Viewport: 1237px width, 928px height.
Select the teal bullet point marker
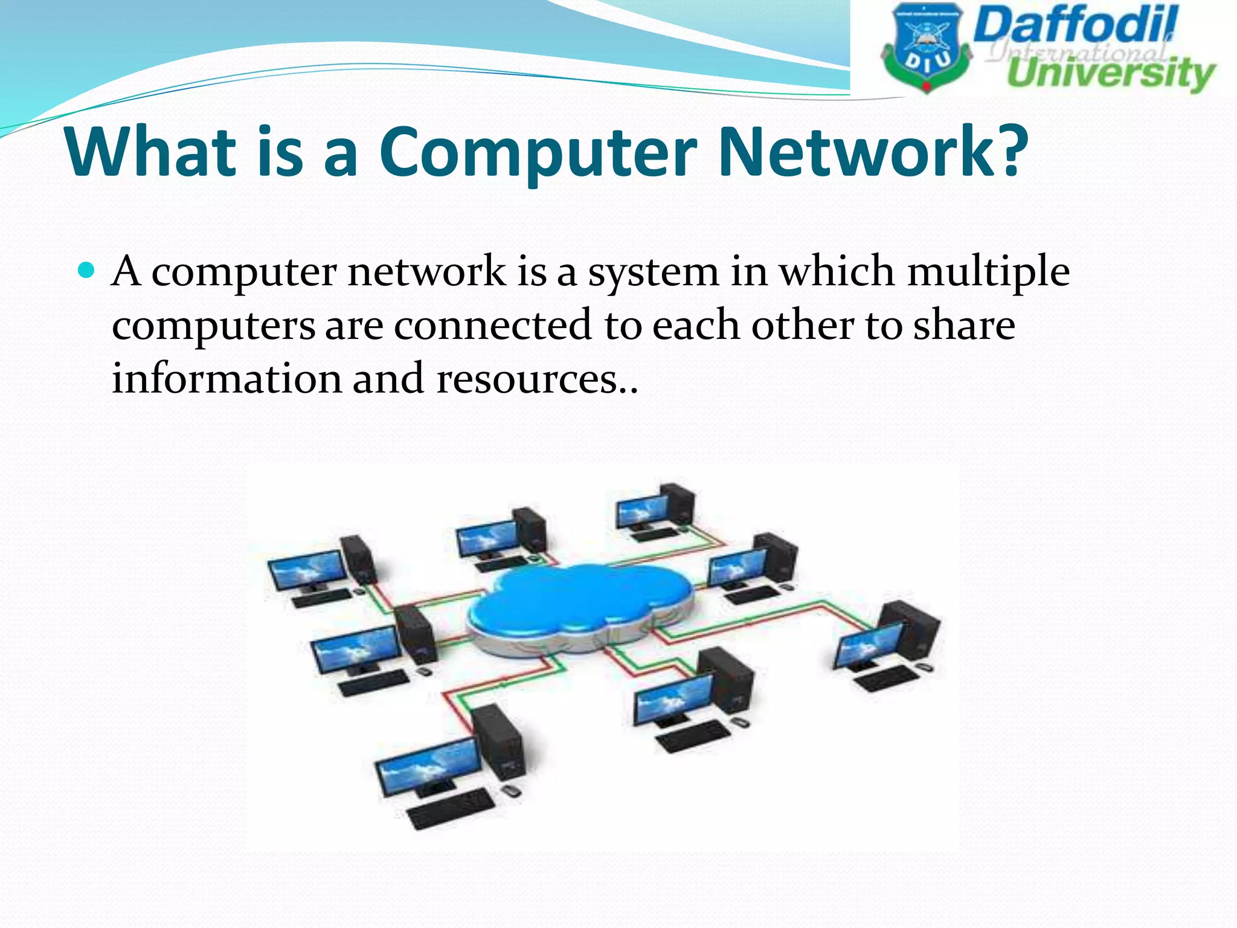tap(87, 269)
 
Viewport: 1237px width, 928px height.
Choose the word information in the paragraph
tap(227, 379)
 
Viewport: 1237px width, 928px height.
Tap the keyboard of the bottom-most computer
tap(450, 810)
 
